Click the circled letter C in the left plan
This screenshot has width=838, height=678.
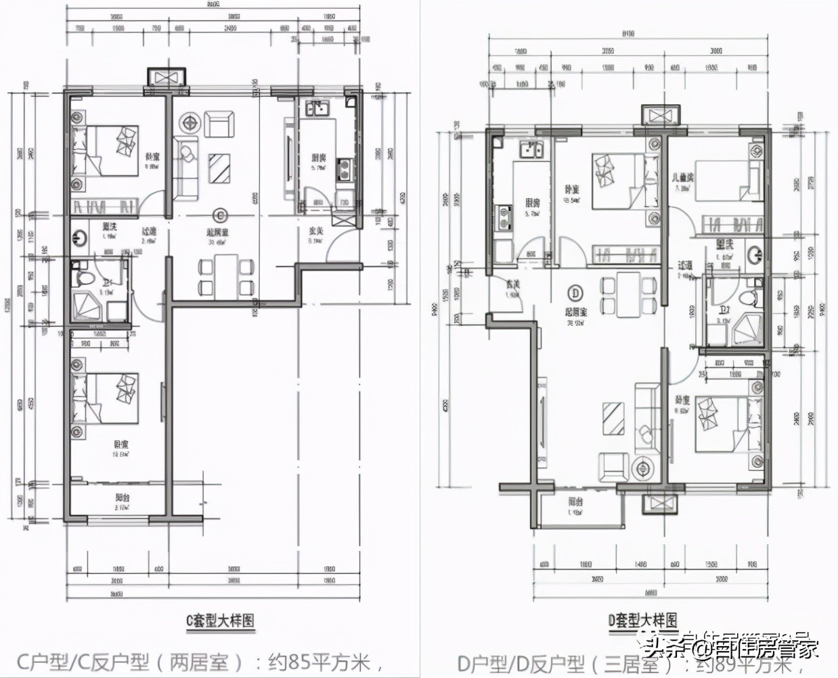[x=219, y=215]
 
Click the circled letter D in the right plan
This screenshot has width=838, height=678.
[x=575, y=293]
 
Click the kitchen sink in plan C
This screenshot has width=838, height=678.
[x=316, y=109]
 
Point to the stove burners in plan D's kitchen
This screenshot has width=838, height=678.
[x=504, y=217]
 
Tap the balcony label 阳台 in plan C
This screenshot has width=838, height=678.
[x=123, y=497]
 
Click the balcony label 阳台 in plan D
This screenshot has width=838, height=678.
[x=576, y=502]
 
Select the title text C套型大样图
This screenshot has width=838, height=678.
[x=220, y=620]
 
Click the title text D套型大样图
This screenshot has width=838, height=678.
[x=642, y=620]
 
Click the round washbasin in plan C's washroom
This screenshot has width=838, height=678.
[x=79, y=238]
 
